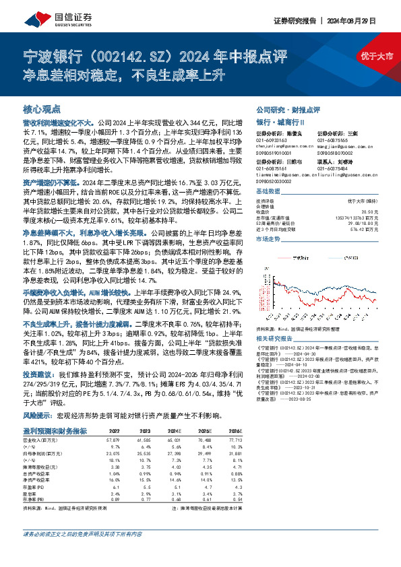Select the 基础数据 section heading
(x=268, y=191)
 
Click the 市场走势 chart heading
(x=268, y=238)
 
